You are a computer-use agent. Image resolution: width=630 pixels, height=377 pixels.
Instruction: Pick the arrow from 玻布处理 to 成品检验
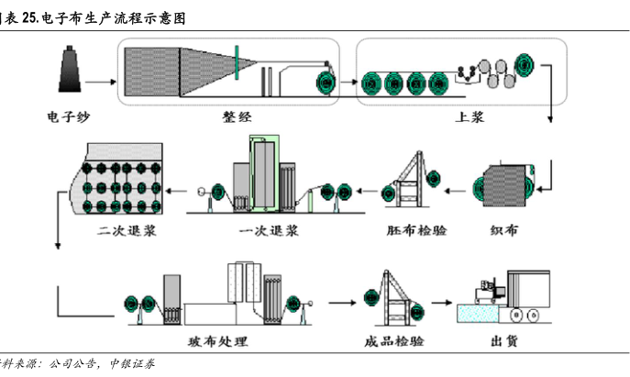[341, 301]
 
